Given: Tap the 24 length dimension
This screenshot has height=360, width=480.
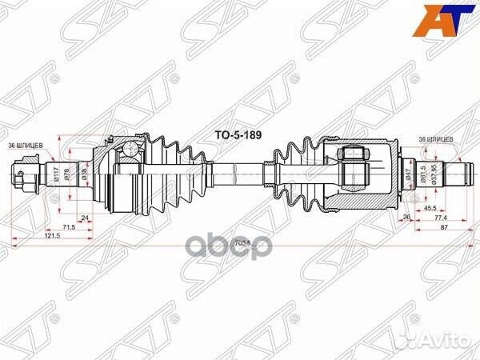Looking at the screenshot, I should pos(85,216).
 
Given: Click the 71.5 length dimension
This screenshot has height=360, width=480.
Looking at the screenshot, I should pos(70,227).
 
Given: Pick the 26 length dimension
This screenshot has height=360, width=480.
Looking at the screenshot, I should pos(407,217).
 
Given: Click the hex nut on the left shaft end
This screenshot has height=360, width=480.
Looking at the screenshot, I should pos(23,172).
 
